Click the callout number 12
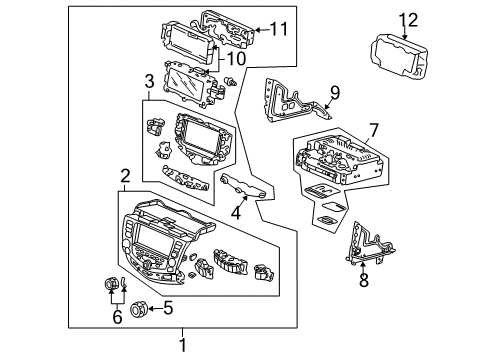point(408,20)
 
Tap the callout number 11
point(279,29)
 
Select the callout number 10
point(236,59)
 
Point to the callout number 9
point(335,92)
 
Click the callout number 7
point(374,130)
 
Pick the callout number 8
point(364,279)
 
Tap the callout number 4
point(236,213)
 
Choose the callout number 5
point(168,308)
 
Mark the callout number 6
point(117,316)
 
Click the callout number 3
point(149,81)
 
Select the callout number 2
point(125,176)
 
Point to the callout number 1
point(182,344)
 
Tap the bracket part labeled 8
point(369,245)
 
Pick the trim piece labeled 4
point(243,187)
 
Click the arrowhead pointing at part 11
point(258,30)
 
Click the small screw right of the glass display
point(231,81)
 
